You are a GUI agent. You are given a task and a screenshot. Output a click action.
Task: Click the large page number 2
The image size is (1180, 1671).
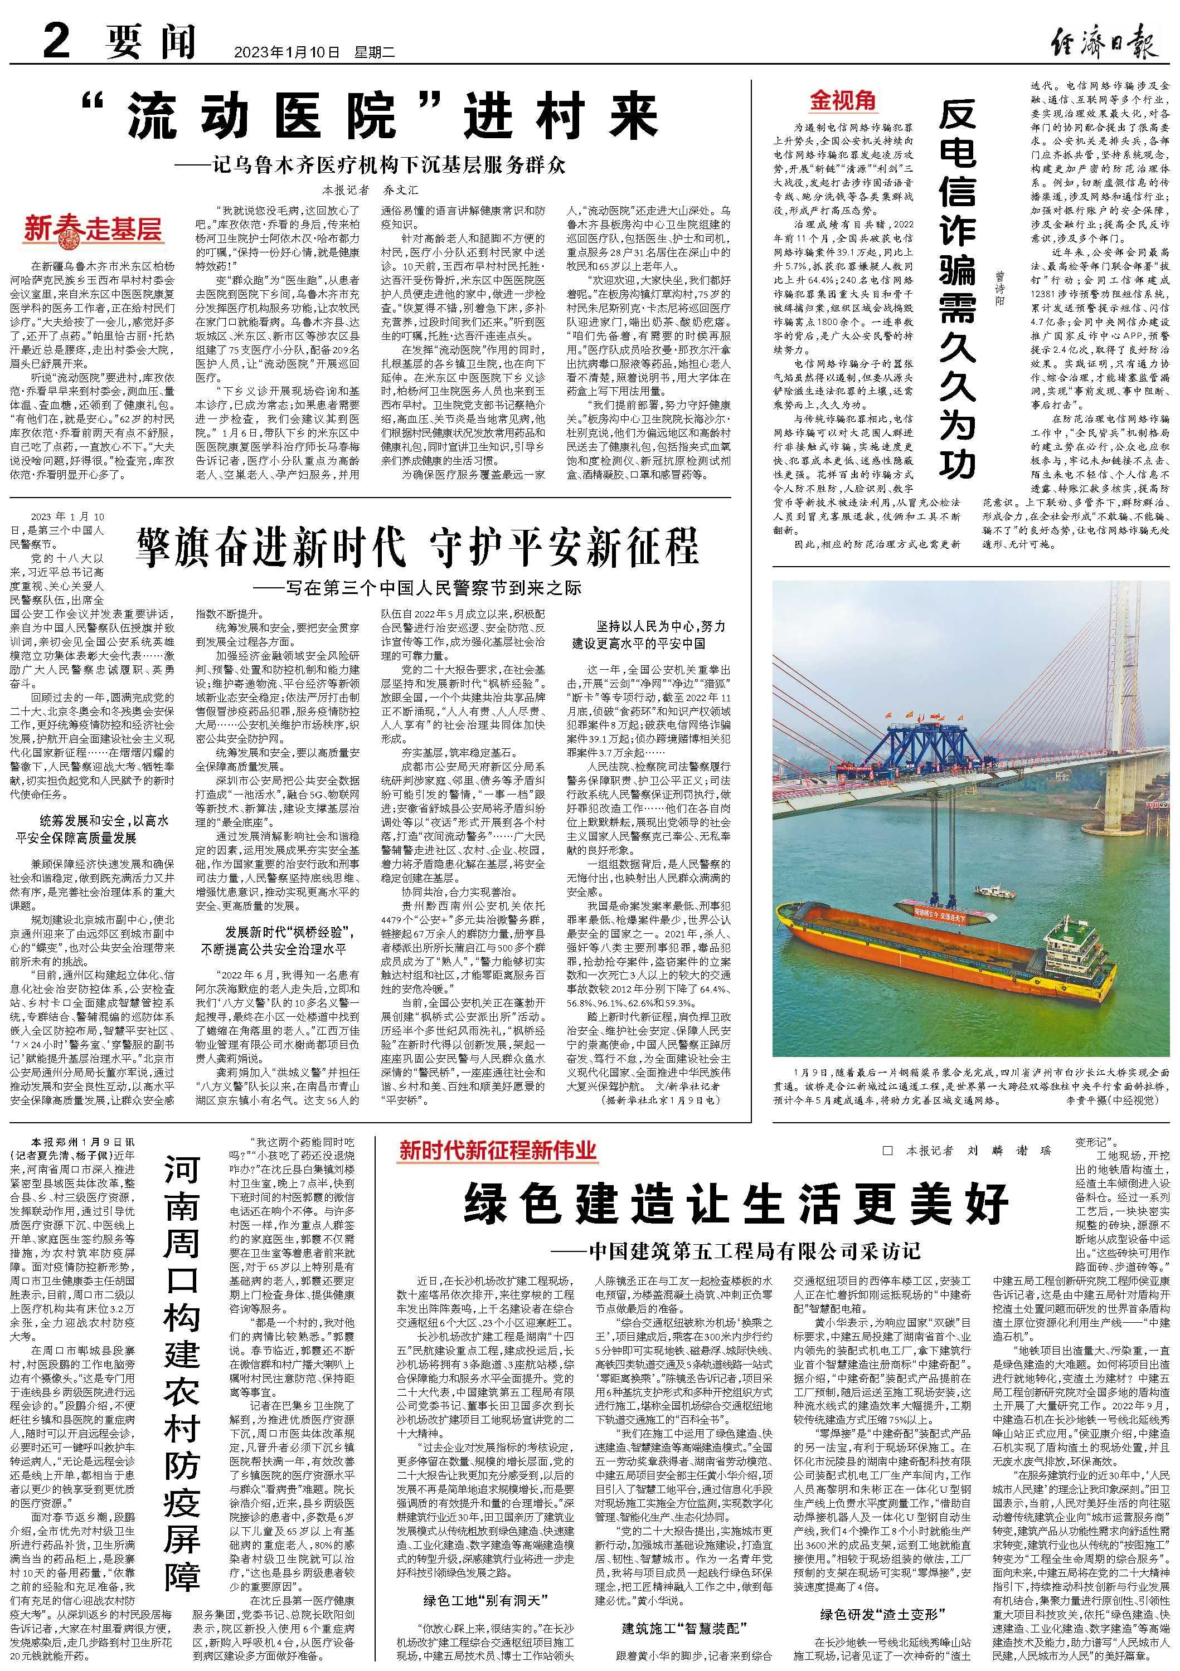point(57,36)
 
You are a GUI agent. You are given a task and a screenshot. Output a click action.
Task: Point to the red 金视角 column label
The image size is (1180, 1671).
point(843,99)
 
